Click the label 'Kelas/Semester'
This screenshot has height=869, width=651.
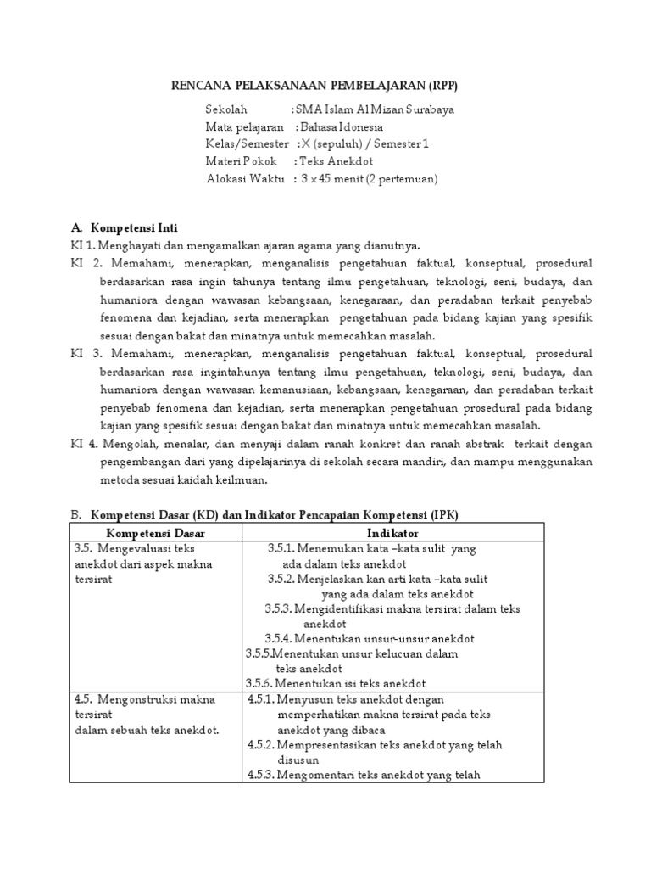247,144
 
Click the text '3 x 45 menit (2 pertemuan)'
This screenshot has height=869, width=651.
369,178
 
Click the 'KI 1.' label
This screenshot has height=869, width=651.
83,246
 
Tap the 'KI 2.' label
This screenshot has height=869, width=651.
86,263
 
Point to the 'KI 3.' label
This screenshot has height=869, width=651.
86,352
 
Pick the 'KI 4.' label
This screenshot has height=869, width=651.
84,444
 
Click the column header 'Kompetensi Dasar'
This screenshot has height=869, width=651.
155,533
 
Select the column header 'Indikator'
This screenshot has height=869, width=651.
392,533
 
